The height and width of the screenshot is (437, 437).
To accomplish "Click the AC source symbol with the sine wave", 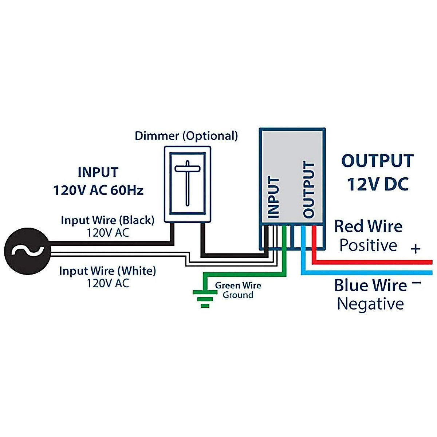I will [27, 251].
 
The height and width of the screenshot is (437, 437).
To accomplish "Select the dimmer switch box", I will [188, 184].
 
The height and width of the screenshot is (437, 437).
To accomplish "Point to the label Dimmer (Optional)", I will [186, 136].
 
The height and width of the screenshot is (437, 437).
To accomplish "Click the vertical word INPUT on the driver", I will [273, 197].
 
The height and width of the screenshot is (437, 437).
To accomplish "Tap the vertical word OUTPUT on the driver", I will [308, 190].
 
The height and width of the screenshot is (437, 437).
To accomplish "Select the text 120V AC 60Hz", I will [98, 190].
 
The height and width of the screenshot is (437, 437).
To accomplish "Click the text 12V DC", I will [378, 184].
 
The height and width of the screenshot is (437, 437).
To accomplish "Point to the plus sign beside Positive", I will [416, 249].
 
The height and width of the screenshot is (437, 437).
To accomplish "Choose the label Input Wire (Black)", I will [107, 220].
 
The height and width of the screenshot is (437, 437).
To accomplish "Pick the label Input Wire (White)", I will [107, 271].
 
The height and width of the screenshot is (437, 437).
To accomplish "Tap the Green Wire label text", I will [238, 286].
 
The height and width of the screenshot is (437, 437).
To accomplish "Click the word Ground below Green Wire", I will [238, 295].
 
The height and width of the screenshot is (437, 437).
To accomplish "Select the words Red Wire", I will [368, 227].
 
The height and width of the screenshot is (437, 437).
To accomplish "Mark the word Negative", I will [370, 304].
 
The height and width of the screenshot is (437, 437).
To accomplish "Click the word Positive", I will [368, 245].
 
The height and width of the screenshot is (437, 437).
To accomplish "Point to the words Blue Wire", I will [370, 285].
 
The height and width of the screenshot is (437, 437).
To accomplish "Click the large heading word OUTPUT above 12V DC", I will [377, 161].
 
